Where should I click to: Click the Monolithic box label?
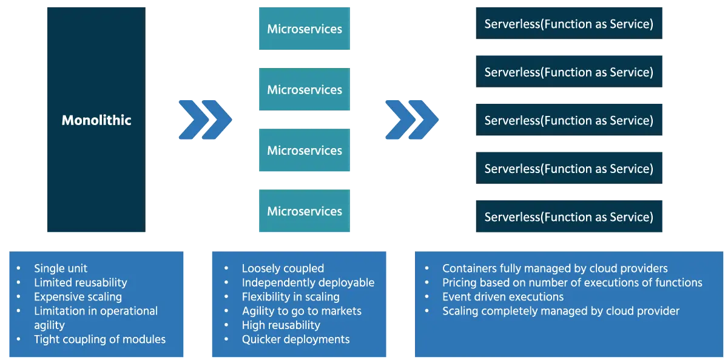pos(96,120)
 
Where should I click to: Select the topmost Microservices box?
pos(305,29)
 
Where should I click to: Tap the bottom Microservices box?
pos(305,211)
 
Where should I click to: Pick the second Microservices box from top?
pos(305,90)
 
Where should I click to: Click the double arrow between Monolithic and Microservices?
pos(203,119)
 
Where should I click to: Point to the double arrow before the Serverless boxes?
pos(411,119)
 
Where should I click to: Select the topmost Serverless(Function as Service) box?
pos(569,24)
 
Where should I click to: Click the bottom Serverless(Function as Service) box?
pos(569,217)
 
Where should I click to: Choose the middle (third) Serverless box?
pos(569,120)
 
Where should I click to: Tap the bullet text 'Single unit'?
pos(61,268)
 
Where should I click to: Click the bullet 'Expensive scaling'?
pos(78,297)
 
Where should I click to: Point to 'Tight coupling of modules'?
pos(99,339)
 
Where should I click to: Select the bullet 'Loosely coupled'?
pos(283,268)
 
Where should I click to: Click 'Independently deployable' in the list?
pos(308,282)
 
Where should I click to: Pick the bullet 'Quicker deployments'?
pos(295,339)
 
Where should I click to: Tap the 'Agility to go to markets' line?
pos(302,311)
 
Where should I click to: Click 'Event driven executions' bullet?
pos(503,297)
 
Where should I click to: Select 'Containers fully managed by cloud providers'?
pos(554,268)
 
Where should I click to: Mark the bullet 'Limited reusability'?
pos(80,282)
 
